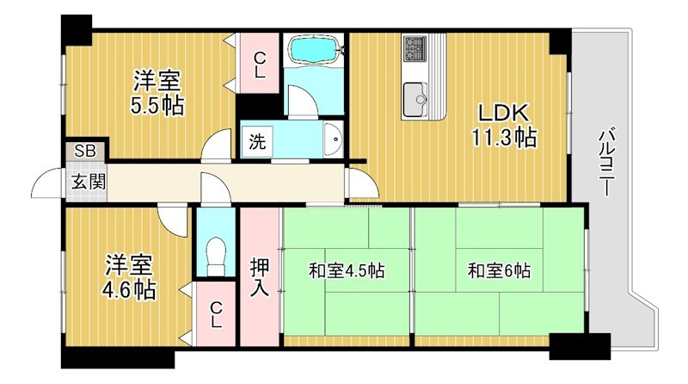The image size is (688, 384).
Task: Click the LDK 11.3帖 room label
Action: [x=503, y=126]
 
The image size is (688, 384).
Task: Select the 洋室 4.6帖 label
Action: [x=131, y=276]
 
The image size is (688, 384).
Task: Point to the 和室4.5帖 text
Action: [x=347, y=270]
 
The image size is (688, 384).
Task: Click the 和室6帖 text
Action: [x=499, y=270]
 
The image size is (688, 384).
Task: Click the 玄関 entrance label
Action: [x=83, y=182]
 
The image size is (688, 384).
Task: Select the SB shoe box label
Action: [x=84, y=151]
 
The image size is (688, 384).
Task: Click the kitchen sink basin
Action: [x=414, y=94]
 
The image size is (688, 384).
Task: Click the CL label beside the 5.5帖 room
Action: [x=259, y=65]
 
